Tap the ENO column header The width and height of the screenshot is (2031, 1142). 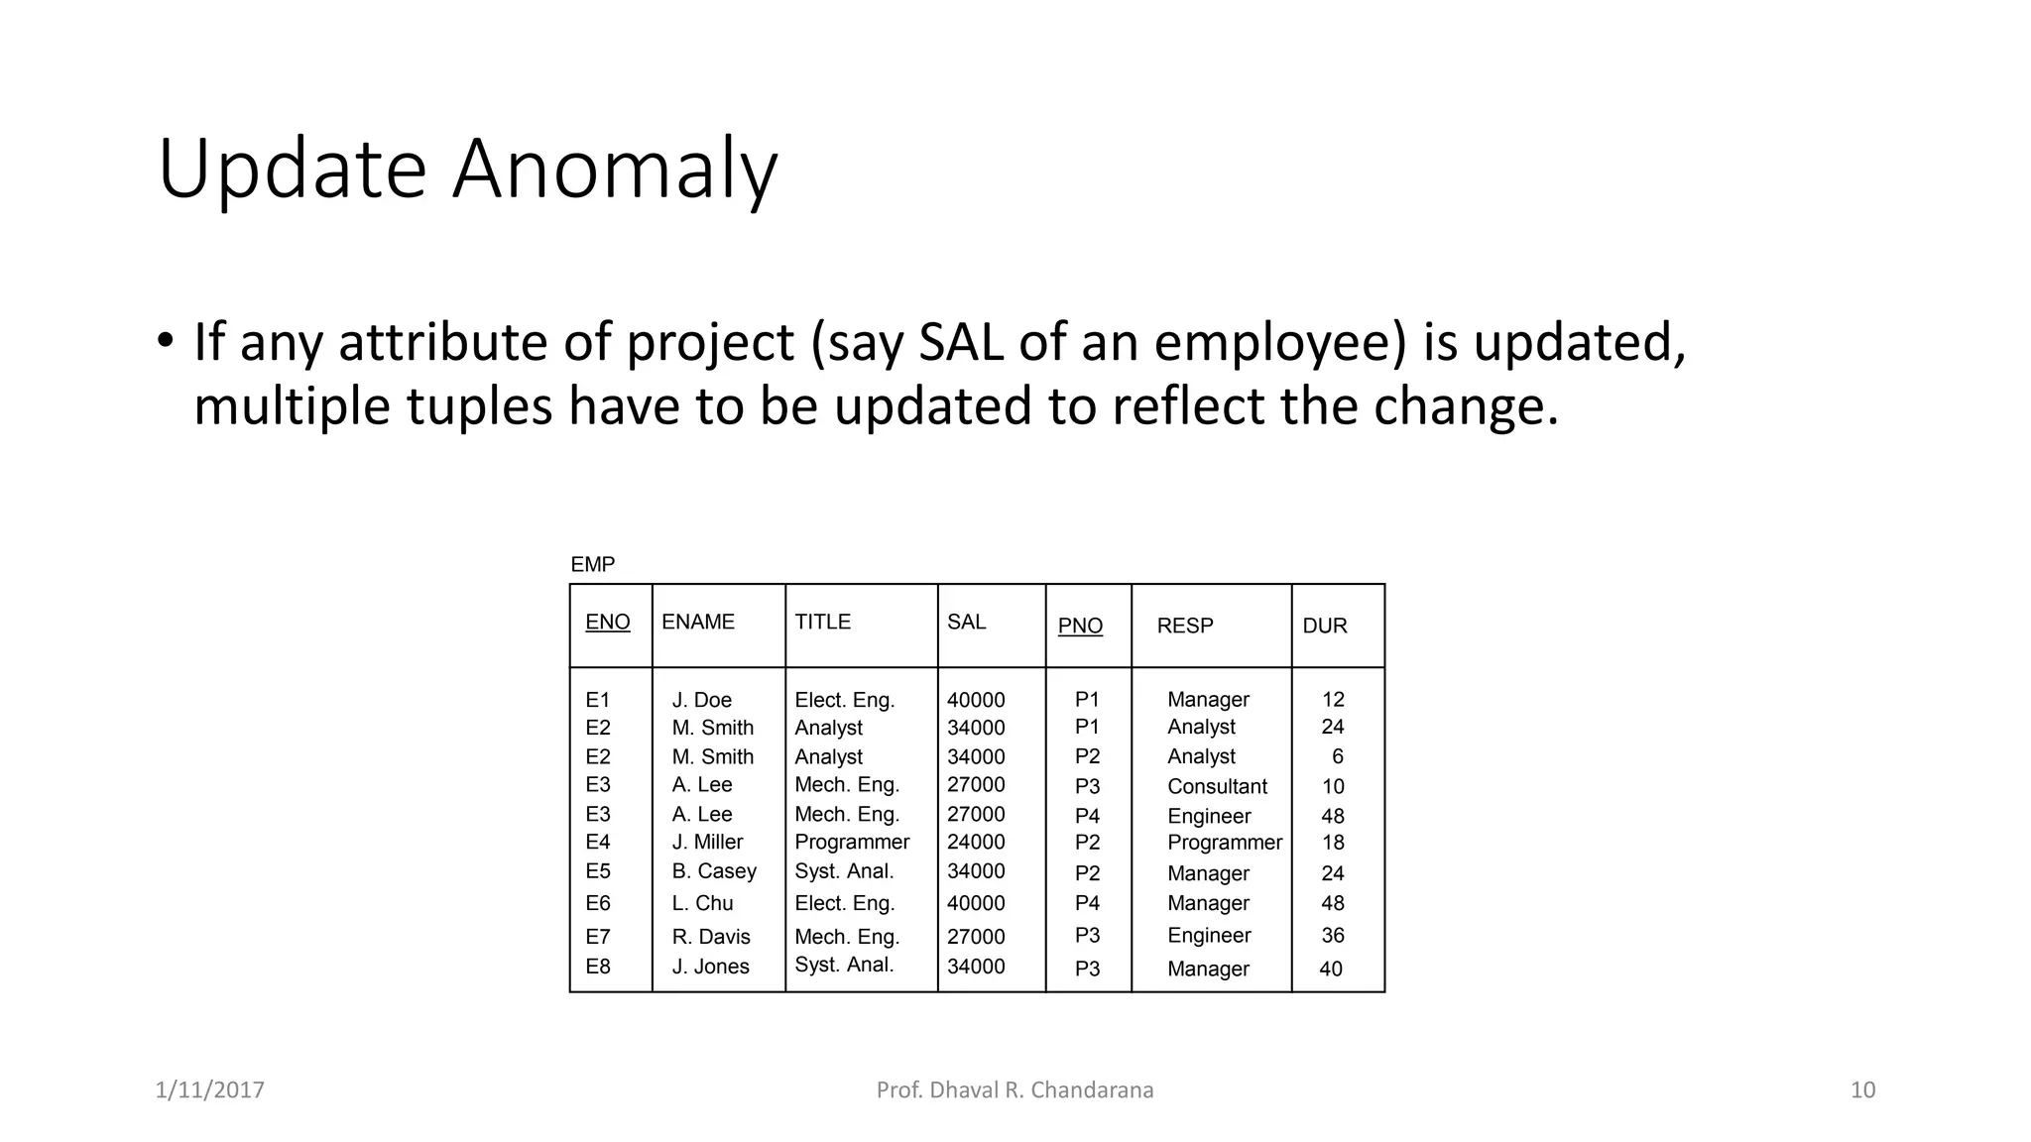tap(607, 622)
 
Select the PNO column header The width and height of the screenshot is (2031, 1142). tap(1080, 626)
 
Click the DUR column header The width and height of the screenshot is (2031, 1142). tap(1324, 626)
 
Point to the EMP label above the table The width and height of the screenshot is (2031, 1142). tap(592, 564)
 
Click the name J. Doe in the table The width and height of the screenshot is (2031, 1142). tap(701, 700)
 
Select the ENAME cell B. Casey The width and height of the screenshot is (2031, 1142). tap(713, 871)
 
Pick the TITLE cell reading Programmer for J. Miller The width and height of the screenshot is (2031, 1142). tap(851, 842)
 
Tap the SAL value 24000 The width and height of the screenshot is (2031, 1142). tap(975, 842)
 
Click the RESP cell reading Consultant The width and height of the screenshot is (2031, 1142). tap(1217, 786)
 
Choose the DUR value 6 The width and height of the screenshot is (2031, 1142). tap(1337, 756)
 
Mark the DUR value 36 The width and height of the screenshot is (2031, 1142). tap(1332, 935)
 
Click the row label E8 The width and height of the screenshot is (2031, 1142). tap(597, 967)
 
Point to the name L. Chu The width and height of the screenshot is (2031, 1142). tap(702, 903)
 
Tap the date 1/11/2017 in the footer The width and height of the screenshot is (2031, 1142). tap(209, 1090)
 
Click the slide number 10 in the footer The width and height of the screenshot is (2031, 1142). tap(1862, 1090)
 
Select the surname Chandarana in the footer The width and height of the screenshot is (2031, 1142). tap(1092, 1090)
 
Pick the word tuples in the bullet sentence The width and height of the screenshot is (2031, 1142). tap(479, 406)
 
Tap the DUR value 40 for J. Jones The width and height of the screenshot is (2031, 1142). tap(1330, 969)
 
